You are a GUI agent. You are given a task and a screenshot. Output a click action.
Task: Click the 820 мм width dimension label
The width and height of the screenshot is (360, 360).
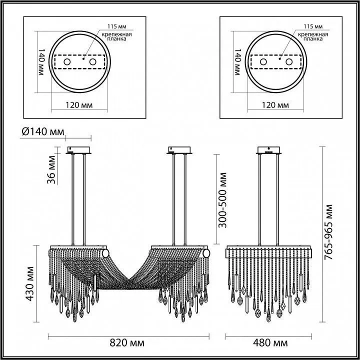(x=128, y=343)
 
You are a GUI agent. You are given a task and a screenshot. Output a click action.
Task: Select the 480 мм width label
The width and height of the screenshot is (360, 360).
(x=270, y=343)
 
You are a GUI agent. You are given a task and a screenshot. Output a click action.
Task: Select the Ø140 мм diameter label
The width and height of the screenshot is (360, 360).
(x=44, y=132)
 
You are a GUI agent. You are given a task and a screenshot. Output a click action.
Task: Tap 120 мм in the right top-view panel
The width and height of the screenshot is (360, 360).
(x=274, y=105)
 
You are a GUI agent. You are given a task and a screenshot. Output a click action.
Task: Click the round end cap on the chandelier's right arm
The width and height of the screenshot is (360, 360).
(x=205, y=254)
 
